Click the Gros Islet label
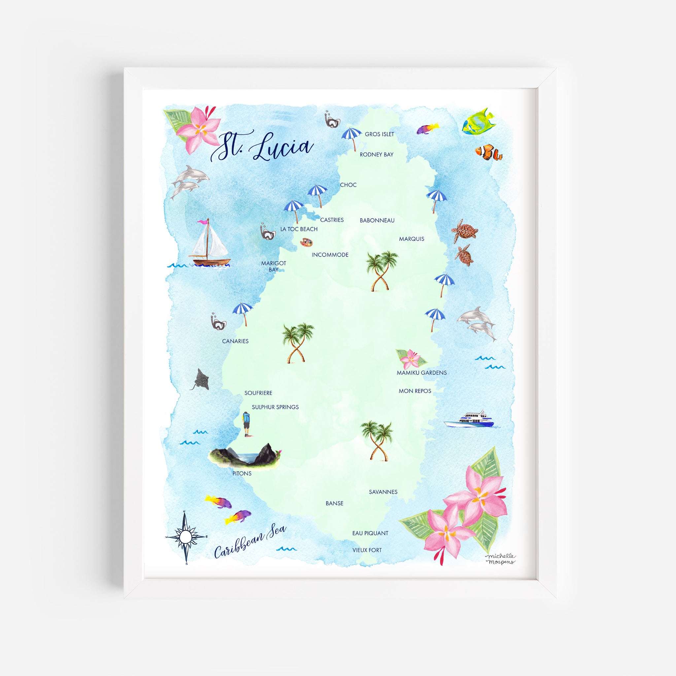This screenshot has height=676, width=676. [x=379, y=134]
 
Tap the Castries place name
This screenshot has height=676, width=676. [x=332, y=220]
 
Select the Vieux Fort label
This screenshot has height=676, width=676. [x=367, y=550]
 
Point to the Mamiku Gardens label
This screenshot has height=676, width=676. [x=421, y=373]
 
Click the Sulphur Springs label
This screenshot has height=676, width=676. [x=275, y=407]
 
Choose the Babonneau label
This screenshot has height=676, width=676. [x=377, y=220]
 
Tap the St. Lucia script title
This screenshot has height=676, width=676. [x=262, y=147]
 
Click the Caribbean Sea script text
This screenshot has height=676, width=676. [x=250, y=542]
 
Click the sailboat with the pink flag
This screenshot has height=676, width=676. [x=209, y=245]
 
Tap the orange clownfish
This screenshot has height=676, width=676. [x=488, y=152]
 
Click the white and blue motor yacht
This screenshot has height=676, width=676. [x=469, y=420]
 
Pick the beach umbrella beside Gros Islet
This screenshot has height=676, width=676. [x=351, y=138]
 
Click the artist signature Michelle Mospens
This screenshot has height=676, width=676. [x=500, y=559]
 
